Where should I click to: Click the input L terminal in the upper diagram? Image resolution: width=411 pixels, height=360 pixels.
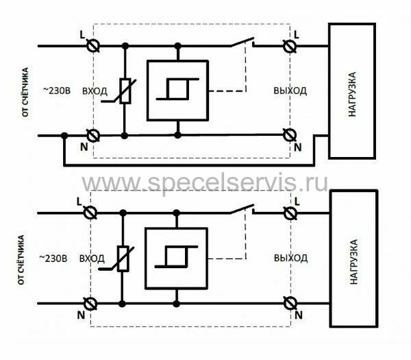[x=93, y=46]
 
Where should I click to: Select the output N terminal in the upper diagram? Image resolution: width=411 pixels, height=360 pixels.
[x=290, y=135]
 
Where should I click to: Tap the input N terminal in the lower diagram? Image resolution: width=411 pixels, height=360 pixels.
[x=90, y=304]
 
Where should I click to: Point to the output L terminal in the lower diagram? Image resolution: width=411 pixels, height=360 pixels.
[x=290, y=213]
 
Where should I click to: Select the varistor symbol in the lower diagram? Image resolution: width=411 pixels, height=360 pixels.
[x=122, y=259]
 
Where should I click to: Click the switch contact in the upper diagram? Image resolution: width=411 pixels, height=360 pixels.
[x=243, y=43]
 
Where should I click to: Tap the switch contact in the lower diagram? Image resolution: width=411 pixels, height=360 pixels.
[x=242, y=209]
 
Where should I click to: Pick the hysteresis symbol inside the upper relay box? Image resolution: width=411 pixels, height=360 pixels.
[x=177, y=89]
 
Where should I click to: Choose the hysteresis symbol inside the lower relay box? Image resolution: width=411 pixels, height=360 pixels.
[x=176, y=256]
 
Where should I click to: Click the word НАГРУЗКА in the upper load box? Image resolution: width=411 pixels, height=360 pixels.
[x=352, y=94]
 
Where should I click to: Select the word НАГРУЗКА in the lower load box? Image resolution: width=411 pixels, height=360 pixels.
[x=354, y=262]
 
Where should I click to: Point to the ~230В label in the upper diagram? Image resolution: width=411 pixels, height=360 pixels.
[x=57, y=91]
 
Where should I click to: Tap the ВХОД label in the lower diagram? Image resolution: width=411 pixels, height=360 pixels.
[x=92, y=259]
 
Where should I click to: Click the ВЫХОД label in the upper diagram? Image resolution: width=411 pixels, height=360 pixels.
[x=290, y=91]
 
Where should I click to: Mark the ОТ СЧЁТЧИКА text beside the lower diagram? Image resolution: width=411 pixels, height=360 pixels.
[x=21, y=260]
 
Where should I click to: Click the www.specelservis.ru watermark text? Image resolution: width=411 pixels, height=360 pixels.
[x=205, y=182]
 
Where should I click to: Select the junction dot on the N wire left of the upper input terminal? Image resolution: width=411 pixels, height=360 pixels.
[x=64, y=136]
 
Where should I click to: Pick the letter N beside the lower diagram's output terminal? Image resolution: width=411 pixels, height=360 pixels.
[x=299, y=315]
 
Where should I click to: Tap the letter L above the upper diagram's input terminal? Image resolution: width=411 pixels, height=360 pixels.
[x=82, y=35]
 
